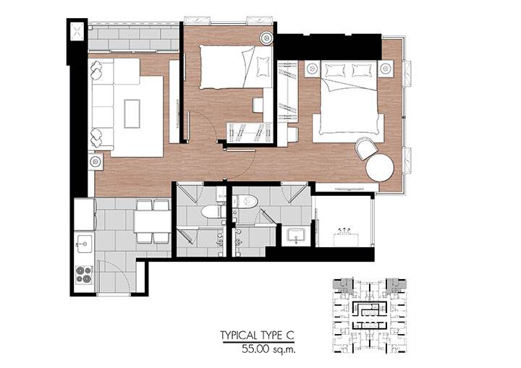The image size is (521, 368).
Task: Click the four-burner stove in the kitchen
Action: pyautogui.click(x=84, y=275)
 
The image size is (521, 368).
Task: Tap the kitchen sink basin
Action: pyautogui.click(x=85, y=244)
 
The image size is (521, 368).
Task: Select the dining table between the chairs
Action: pyautogui.click(x=152, y=221)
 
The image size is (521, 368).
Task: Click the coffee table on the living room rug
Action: pyautogui.click(x=132, y=114)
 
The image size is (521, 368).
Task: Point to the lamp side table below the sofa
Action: pyautogui.click(x=96, y=161)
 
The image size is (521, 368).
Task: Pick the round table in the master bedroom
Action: pyautogui.click(x=380, y=168)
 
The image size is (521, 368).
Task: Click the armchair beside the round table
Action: pyautogui.click(x=366, y=148)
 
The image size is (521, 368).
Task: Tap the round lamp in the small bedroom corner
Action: pyautogui.click(x=266, y=38)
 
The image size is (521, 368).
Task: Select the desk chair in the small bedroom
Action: pyautogui.click(x=258, y=105)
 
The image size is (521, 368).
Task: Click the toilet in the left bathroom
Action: pyautogui.click(x=214, y=212)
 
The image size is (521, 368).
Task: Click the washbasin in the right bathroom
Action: pyautogui.click(x=296, y=234)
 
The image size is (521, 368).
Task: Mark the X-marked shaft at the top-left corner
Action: pyautogui.click(x=77, y=31)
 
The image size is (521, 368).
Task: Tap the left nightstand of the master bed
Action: pyautogui.click(x=312, y=69)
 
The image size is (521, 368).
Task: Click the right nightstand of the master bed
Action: pyautogui.click(x=386, y=69)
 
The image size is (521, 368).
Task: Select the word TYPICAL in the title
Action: pyautogui.click(x=239, y=335)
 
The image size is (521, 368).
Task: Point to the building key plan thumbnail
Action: pyautogui.click(x=370, y=315)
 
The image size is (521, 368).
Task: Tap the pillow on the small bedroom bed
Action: pyautogui.click(x=263, y=66)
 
